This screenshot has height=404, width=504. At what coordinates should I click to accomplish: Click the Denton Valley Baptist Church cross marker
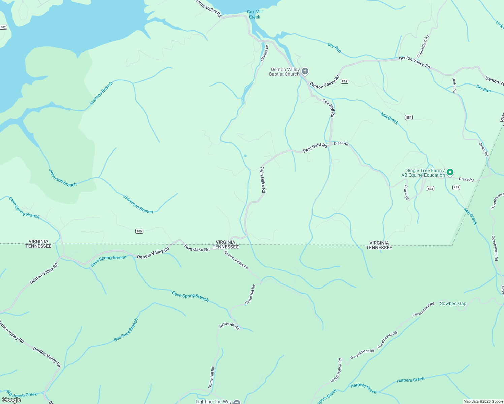point(305,71)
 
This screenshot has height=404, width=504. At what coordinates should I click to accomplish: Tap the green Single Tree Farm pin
point(450,173)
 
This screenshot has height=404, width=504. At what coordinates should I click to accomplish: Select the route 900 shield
point(139,231)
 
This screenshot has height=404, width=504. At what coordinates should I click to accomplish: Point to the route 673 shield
point(430,189)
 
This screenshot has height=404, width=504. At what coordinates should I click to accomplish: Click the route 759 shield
point(456,187)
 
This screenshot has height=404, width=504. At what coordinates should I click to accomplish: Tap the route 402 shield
point(3,27)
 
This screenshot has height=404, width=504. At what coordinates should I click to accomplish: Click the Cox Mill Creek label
point(255,14)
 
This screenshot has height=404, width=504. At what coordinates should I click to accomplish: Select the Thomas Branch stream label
point(101,93)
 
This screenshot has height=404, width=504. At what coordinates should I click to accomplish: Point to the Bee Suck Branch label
point(126,330)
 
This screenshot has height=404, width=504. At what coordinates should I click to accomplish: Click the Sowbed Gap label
point(453,303)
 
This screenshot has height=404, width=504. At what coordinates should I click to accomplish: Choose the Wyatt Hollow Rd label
point(336,370)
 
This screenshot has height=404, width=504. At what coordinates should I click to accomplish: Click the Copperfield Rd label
point(423,46)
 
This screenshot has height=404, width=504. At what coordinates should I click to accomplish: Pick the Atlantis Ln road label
point(265,53)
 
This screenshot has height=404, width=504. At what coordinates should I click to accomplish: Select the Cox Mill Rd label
point(328,108)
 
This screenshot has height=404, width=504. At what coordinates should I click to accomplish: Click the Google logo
point(11,400)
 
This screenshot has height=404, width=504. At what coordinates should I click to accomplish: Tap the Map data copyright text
point(483,401)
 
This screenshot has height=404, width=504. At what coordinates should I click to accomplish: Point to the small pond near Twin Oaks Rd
point(245,156)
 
